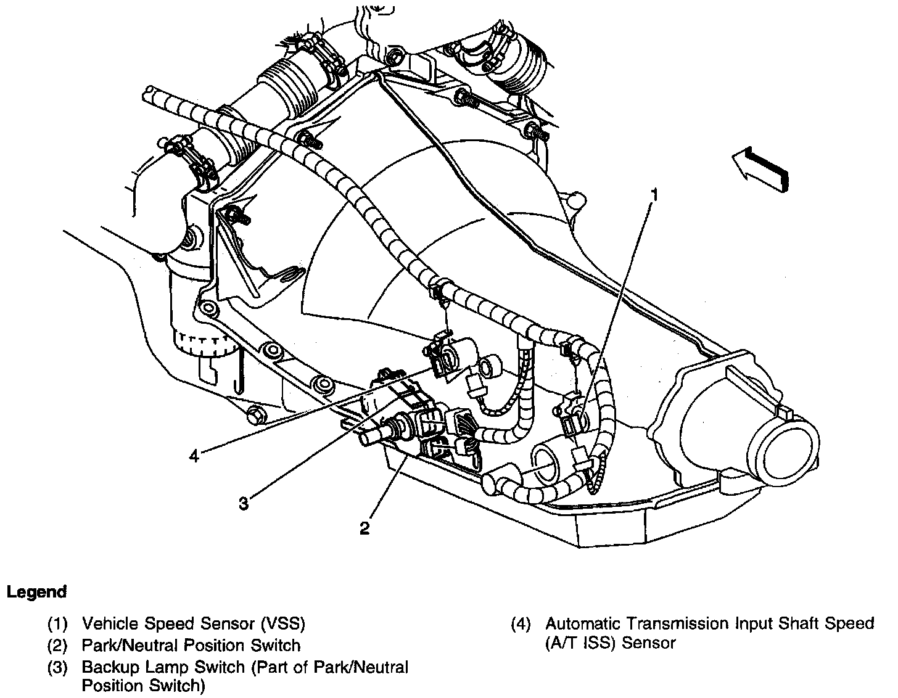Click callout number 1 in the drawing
click(655, 195)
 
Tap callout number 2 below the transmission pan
click(365, 528)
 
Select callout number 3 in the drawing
click(244, 504)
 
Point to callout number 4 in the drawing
click(194, 456)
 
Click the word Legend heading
click(36, 592)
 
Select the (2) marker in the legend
click(57, 646)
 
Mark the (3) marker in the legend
click(57, 667)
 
